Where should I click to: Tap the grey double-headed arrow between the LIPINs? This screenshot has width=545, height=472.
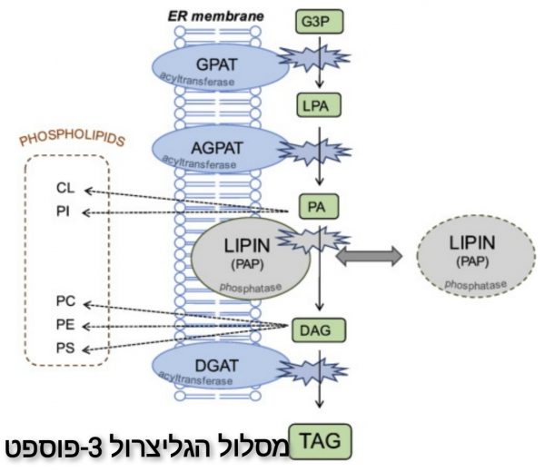pyautogui.click(x=369, y=259)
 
